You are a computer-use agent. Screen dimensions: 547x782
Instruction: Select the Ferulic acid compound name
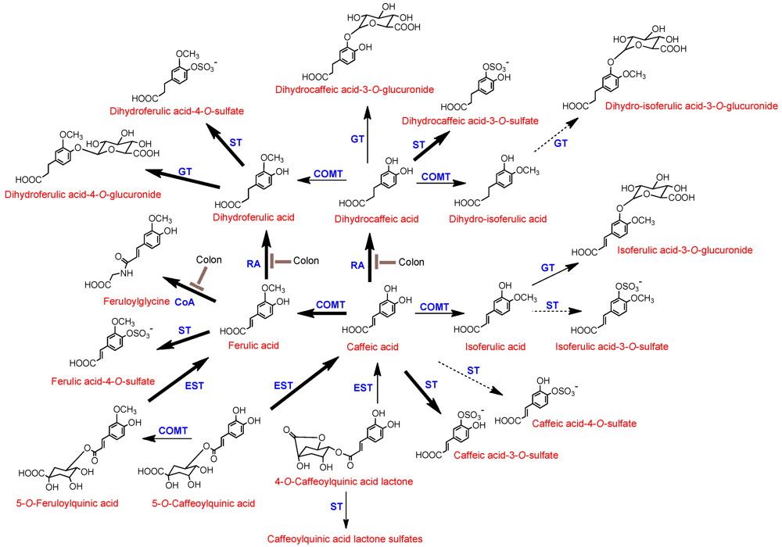pyautogui.click(x=253, y=345)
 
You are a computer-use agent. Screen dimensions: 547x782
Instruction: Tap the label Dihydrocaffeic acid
pyautogui.click(x=371, y=220)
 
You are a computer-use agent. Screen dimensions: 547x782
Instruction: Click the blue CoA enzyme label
pyautogui.click(x=185, y=301)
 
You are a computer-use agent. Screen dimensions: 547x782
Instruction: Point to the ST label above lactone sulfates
pyautogui.click(x=337, y=507)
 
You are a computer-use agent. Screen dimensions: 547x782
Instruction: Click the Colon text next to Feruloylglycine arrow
pyautogui.click(x=209, y=259)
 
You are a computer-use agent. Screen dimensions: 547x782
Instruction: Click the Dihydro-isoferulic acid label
pyautogui.click(x=505, y=220)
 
